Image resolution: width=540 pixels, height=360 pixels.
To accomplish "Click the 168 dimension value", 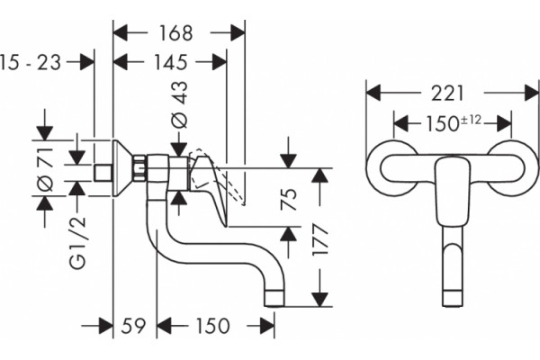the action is tap(175, 33).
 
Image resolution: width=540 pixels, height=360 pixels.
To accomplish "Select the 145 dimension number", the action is tap(170, 62).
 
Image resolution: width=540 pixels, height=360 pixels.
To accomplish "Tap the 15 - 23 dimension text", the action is tap(31, 63).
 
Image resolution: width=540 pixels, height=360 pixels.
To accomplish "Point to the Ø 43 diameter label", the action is tap(180, 104).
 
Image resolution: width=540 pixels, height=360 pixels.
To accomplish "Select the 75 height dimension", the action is tap(289, 200).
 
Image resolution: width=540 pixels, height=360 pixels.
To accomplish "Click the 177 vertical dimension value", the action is tap(319, 239).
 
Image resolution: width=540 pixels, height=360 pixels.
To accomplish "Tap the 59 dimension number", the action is tap(133, 326).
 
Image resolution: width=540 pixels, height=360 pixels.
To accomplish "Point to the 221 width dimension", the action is tap(447, 94).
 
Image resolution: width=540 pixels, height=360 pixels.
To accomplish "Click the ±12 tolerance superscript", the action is tap(471, 121).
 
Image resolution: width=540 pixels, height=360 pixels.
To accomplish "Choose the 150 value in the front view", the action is tap(443, 124).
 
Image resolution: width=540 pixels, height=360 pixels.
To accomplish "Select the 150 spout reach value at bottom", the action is tap(212, 326).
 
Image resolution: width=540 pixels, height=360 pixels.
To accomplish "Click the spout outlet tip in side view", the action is tap(274, 298).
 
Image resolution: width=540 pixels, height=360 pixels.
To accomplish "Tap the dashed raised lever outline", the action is tap(216, 176).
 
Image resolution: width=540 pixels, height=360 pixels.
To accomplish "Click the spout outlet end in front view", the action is tap(452, 299).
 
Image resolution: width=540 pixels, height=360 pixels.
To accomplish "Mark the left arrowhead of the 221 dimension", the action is tap(373, 93).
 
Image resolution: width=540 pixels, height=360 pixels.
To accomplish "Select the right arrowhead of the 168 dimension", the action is tap(238, 33).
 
